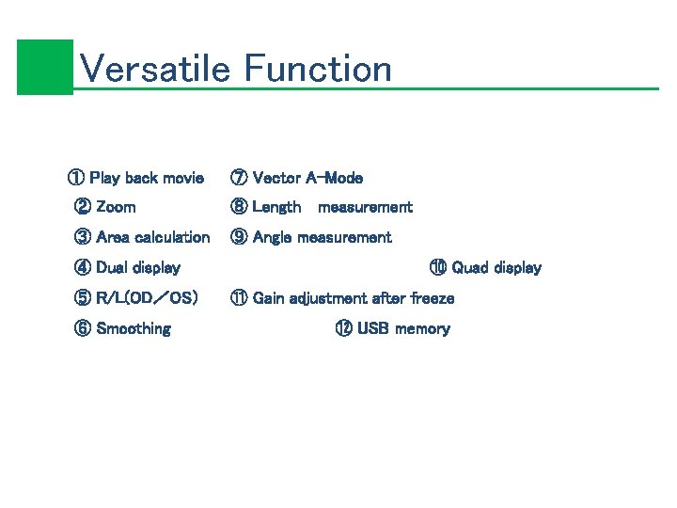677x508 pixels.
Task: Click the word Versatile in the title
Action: [x=155, y=69]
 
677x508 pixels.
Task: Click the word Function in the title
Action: [x=318, y=69]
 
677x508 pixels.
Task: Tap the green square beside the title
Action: [x=44, y=67]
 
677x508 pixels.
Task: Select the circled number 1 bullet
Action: [x=74, y=178]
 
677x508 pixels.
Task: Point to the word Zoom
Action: [x=116, y=207]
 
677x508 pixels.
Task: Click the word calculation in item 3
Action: [x=172, y=237]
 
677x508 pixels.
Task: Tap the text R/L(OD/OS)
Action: [x=147, y=298]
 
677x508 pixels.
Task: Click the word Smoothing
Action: [x=134, y=328]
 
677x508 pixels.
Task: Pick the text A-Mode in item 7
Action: [x=333, y=178]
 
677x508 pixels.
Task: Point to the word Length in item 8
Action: [x=276, y=207]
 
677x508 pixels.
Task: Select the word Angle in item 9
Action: [x=273, y=237]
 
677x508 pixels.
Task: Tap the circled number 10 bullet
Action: [x=438, y=268]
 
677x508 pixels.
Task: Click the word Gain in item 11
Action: [x=270, y=298]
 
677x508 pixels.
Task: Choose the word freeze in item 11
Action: [x=433, y=298]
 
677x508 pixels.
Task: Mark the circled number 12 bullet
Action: [x=343, y=328]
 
